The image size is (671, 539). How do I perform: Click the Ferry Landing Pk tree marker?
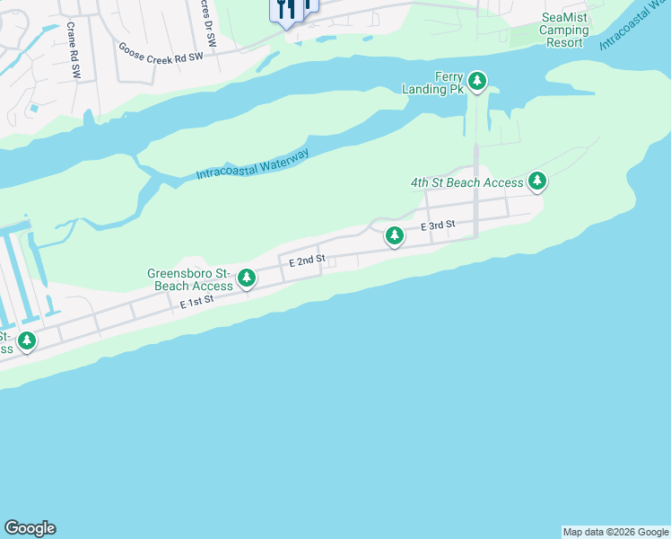[x=478, y=83]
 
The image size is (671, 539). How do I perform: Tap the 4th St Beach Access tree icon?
[x=537, y=181]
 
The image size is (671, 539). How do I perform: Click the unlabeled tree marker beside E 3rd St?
[x=394, y=236]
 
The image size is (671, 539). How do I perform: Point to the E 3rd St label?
[x=439, y=225]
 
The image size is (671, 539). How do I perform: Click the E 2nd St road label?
[x=306, y=261]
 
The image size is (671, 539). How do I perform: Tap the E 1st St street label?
[x=197, y=303]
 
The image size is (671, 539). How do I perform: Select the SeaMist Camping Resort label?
[x=564, y=30]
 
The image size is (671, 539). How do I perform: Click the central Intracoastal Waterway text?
[x=252, y=165]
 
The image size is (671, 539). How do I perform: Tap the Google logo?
[x=30, y=528]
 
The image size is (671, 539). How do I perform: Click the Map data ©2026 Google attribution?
[x=616, y=532]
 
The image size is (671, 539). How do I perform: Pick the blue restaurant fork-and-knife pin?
[x=286, y=11]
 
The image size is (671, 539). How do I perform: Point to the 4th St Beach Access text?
[x=466, y=182]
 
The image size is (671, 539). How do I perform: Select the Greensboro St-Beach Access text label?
[x=190, y=279]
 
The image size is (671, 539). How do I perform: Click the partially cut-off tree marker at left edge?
[x=27, y=340]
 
